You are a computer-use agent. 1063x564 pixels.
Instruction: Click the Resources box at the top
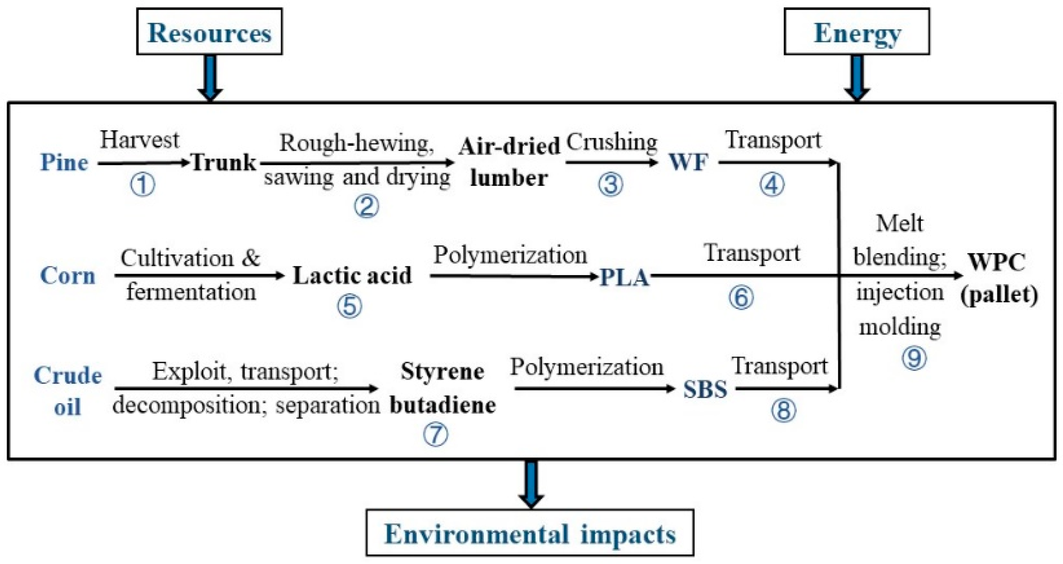[209, 32]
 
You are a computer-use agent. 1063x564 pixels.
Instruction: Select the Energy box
[856, 32]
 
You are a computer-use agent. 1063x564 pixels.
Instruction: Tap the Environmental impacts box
[530, 533]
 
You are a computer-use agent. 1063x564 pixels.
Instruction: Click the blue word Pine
[64, 163]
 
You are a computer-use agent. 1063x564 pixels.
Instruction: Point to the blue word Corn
[68, 276]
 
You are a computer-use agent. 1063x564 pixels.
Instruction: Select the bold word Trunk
[224, 163]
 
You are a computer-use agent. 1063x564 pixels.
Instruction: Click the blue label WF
[688, 162]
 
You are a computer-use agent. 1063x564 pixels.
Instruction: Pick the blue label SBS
[705, 389]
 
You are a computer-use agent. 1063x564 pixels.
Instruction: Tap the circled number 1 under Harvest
[143, 185]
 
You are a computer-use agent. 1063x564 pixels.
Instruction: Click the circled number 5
[350, 306]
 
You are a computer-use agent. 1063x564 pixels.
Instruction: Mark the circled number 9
[914, 358]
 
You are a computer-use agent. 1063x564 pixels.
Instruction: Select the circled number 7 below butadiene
[436, 434]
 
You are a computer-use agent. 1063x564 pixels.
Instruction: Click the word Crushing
[611, 141]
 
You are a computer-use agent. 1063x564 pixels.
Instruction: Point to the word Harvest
[139, 140]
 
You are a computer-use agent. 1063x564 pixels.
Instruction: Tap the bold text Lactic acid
[352, 276]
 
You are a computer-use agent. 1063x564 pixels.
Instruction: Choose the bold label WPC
[997, 261]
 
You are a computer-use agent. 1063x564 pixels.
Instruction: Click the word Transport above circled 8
[780, 366]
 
